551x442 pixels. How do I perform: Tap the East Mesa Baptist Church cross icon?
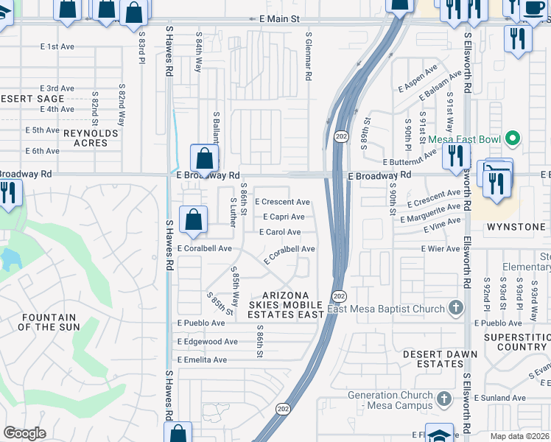pos(456,308)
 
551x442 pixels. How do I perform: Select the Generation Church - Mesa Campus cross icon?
pos(443,399)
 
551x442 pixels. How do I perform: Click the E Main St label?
pos(274,18)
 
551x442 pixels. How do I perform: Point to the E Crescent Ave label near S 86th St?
pos(282,202)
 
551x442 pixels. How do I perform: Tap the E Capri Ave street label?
pos(284,217)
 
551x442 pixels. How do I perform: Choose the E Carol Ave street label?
pos(280,232)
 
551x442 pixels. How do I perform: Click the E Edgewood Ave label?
pos(207,342)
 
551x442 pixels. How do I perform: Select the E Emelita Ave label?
pos(202,359)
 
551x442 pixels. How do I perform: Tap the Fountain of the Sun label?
pos(48,322)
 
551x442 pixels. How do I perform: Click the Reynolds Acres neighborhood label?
pos(91,138)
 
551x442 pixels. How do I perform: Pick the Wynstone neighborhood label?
pos(516,227)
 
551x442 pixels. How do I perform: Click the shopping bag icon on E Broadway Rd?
pos(204,158)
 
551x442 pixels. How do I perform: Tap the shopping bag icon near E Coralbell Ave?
pos(192,220)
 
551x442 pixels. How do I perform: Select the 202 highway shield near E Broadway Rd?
pos(341,137)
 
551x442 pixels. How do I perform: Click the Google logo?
pos(25,433)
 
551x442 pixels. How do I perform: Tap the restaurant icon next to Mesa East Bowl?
pos(456,155)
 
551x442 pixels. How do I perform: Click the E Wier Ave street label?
pos(441,249)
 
